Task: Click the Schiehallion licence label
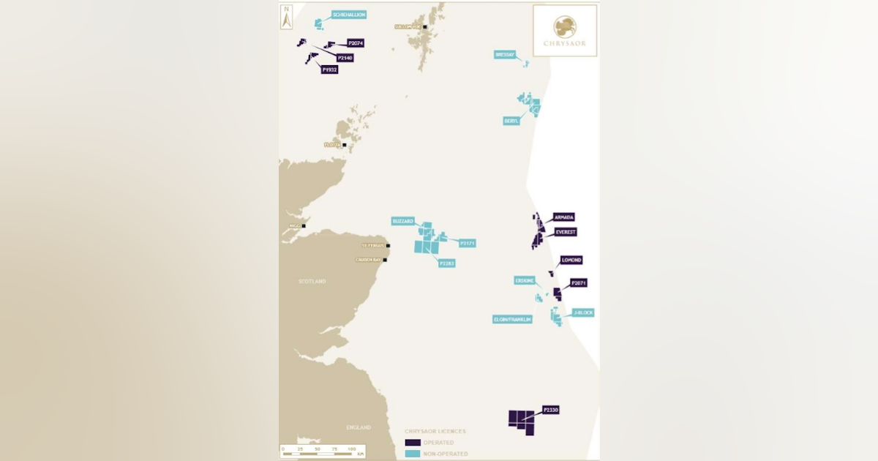[x=348, y=15]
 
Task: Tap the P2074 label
[x=356, y=43]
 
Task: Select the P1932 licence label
[x=329, y=70]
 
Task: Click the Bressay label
[x=505, y=54]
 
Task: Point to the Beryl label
[x=511, y=121]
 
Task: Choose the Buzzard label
[x=403, y=221]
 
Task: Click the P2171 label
[x=468, y=243]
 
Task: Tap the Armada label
[x=564, y=217]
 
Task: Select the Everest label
[x=566, y=232]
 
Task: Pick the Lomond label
[x=571, y=260]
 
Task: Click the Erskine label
[x=524, y=280]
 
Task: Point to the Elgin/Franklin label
[x=512, y=319]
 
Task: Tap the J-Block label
[x=583, y=312]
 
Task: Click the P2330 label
[x=551, y=410]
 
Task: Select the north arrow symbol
[x=288, y=17]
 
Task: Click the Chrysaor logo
[x=564, y=30]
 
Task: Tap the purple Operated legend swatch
[x=413, y=443]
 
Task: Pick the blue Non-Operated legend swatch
[x=413, y=454]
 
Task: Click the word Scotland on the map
[x=312, y=281]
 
